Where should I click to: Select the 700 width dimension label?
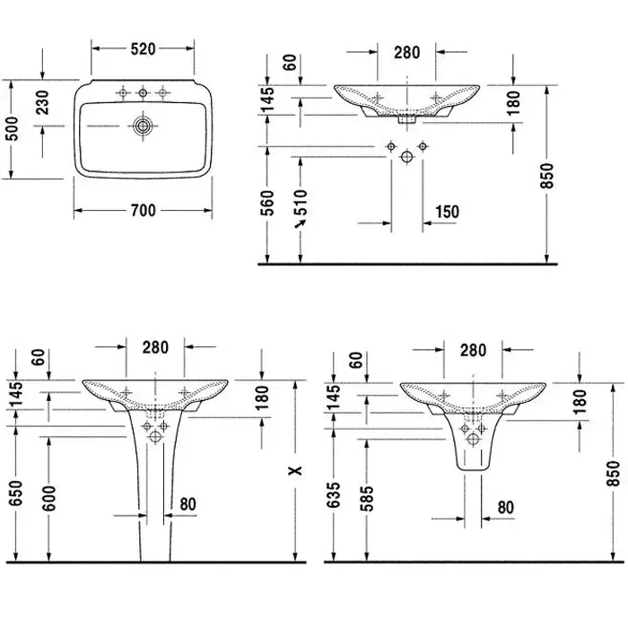(144, 211)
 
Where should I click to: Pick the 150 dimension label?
(446, 212)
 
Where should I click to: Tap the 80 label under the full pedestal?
(188, 504)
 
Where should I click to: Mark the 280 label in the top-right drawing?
(406, 52)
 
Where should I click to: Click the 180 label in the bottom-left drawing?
(261, 395)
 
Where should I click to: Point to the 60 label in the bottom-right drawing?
(357, 362)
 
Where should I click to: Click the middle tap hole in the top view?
(141, 93)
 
